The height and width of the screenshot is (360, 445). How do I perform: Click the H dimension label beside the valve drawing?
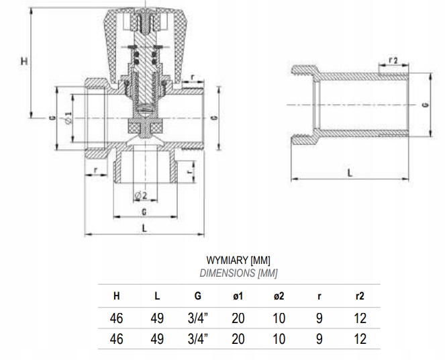click(24, 60)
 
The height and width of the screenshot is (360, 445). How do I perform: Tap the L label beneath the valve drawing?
click(144, 228)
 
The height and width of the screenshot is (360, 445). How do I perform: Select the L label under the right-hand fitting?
click(350, 173)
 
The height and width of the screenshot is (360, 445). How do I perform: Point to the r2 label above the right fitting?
click(393, 60)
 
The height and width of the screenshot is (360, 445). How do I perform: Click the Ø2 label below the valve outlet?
click(141, 195)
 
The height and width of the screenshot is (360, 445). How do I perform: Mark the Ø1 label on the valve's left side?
click(68, 118)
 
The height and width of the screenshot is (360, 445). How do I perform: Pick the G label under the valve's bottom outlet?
click(144, 212)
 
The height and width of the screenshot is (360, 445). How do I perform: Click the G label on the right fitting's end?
click(426, 105)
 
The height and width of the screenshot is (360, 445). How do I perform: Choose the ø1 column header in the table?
click(238, 296)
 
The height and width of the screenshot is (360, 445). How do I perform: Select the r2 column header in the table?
click(360, 296)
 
